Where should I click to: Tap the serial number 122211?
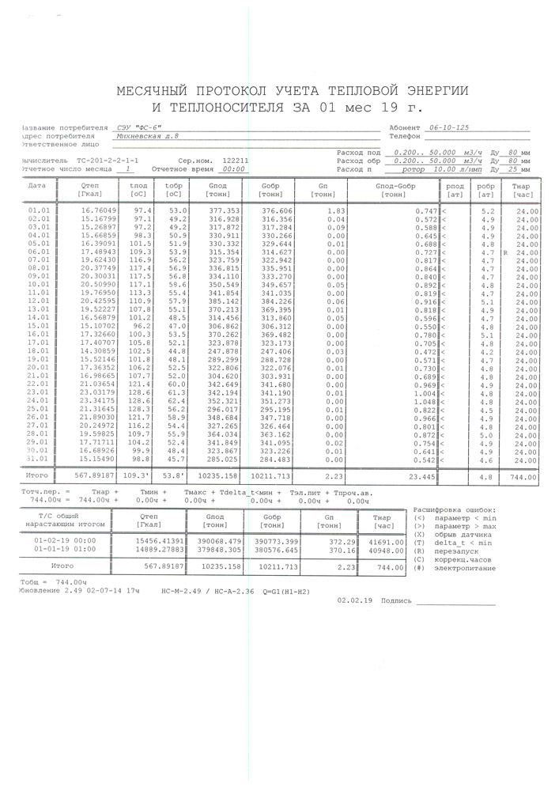232,159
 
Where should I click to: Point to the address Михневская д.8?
147,135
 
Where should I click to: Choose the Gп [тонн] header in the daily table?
323,190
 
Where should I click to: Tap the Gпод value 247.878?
224,350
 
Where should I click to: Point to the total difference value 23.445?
422,478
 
